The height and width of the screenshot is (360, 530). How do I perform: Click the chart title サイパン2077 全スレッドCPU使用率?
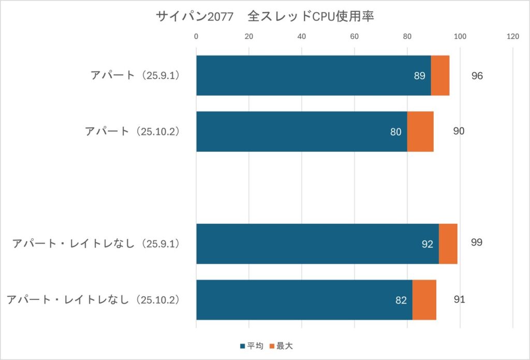pyautogui.click(x=264, y=17)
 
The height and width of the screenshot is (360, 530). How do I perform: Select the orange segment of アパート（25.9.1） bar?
pyautogui.click(x=440, y=76)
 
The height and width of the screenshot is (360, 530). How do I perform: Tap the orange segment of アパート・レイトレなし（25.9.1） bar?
pyautogui.click(x=448, y=244)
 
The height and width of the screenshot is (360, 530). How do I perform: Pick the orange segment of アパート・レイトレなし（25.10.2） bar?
pyautogui.click(x=424, y=300)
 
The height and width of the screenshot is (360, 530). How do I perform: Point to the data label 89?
pyautogui.click(x=420, y=76)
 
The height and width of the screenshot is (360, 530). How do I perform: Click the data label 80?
pyautogui.click(x=396, y=132)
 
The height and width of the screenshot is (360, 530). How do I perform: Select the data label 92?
pyautogui.click(x=427, y=244)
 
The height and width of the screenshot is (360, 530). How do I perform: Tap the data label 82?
pyautogui.click(x=401, y=300)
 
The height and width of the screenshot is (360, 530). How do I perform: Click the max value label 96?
pyautogui.click(x=477, y=76)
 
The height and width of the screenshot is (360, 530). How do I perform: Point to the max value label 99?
pyautogui.click(x=477, y=242)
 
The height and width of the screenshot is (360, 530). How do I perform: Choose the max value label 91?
pyautogui.click(x=459, y=299)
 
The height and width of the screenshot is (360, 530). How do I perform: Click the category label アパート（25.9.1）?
pyautogui.click(x=135, y=76)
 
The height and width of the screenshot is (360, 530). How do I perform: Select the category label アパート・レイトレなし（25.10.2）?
pyautogui.click(x=93, y=300)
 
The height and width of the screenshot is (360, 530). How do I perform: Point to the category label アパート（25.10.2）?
pyautogui.click(x=132, y=132)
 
